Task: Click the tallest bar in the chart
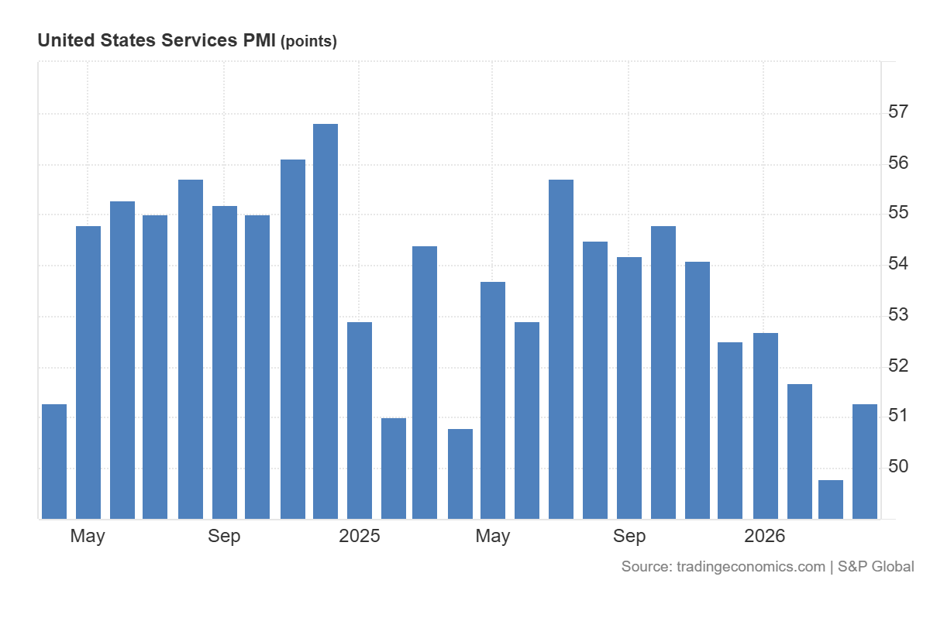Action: click(325, 321)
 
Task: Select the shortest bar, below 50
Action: click(831, 499)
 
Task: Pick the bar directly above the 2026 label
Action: click(766, 425)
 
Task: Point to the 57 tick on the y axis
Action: click(898, 112)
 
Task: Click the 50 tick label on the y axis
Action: click(898, 466)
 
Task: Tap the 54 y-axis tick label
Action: click(898, 264)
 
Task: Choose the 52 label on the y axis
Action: click(898, 366)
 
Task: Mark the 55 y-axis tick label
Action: click(898, 213)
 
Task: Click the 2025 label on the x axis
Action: click(360, 536)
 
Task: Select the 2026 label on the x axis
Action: click(764, 536)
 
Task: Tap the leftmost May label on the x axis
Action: click(88, 536)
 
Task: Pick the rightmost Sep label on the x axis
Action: click(629, 536)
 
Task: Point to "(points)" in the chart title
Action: click(308, 42)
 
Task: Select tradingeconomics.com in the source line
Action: click(750, 567)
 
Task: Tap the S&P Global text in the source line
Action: click(876, 567)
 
